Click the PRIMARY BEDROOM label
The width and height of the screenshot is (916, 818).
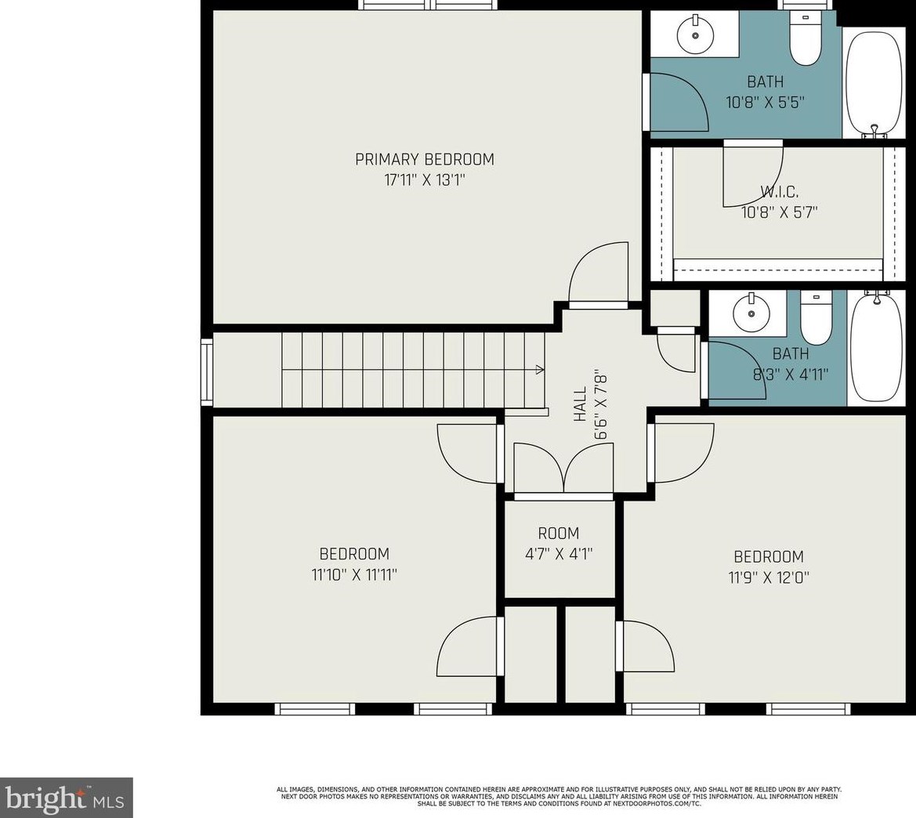[425, 159]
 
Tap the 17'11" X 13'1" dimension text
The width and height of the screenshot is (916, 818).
[425, 180]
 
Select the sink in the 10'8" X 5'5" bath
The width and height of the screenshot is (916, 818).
[695, 35]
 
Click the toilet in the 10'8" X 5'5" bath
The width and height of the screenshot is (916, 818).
[805, 38]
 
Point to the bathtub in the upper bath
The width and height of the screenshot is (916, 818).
[874, 85]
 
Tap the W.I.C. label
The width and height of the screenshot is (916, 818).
[780, 191]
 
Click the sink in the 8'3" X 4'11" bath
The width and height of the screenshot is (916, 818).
[751, 313]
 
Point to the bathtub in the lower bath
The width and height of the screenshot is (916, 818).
[877, 349]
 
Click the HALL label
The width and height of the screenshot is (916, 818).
[580, 404]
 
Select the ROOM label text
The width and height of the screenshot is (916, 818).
[559, 533]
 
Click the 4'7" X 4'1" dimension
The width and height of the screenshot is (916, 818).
[559, 554]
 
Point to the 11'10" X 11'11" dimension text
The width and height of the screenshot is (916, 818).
[355, 575]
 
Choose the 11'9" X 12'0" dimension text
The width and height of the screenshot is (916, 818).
[769, 578]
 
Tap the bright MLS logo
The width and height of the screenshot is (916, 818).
[66, 798]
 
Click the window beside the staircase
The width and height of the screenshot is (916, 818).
[207, 371]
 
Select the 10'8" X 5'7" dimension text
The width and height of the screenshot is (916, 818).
[780, 212]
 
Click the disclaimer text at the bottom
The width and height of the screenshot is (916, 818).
[559, 796]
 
